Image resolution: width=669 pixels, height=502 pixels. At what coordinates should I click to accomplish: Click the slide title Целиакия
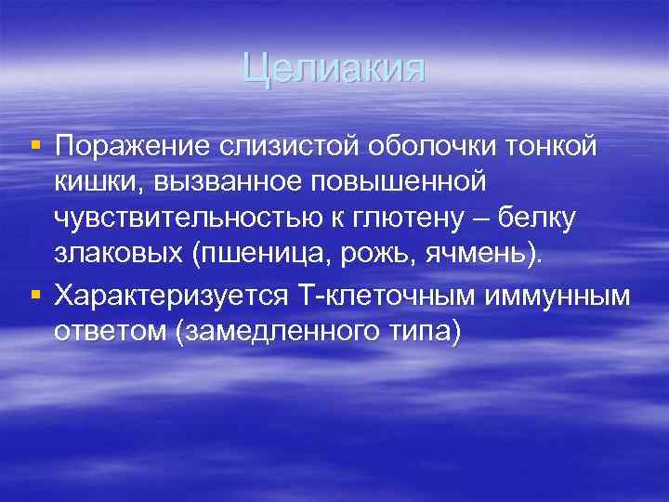point(334,69)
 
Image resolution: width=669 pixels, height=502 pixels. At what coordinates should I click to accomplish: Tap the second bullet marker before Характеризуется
point(35,296)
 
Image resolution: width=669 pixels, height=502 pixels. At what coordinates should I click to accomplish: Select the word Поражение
point(133,146)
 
